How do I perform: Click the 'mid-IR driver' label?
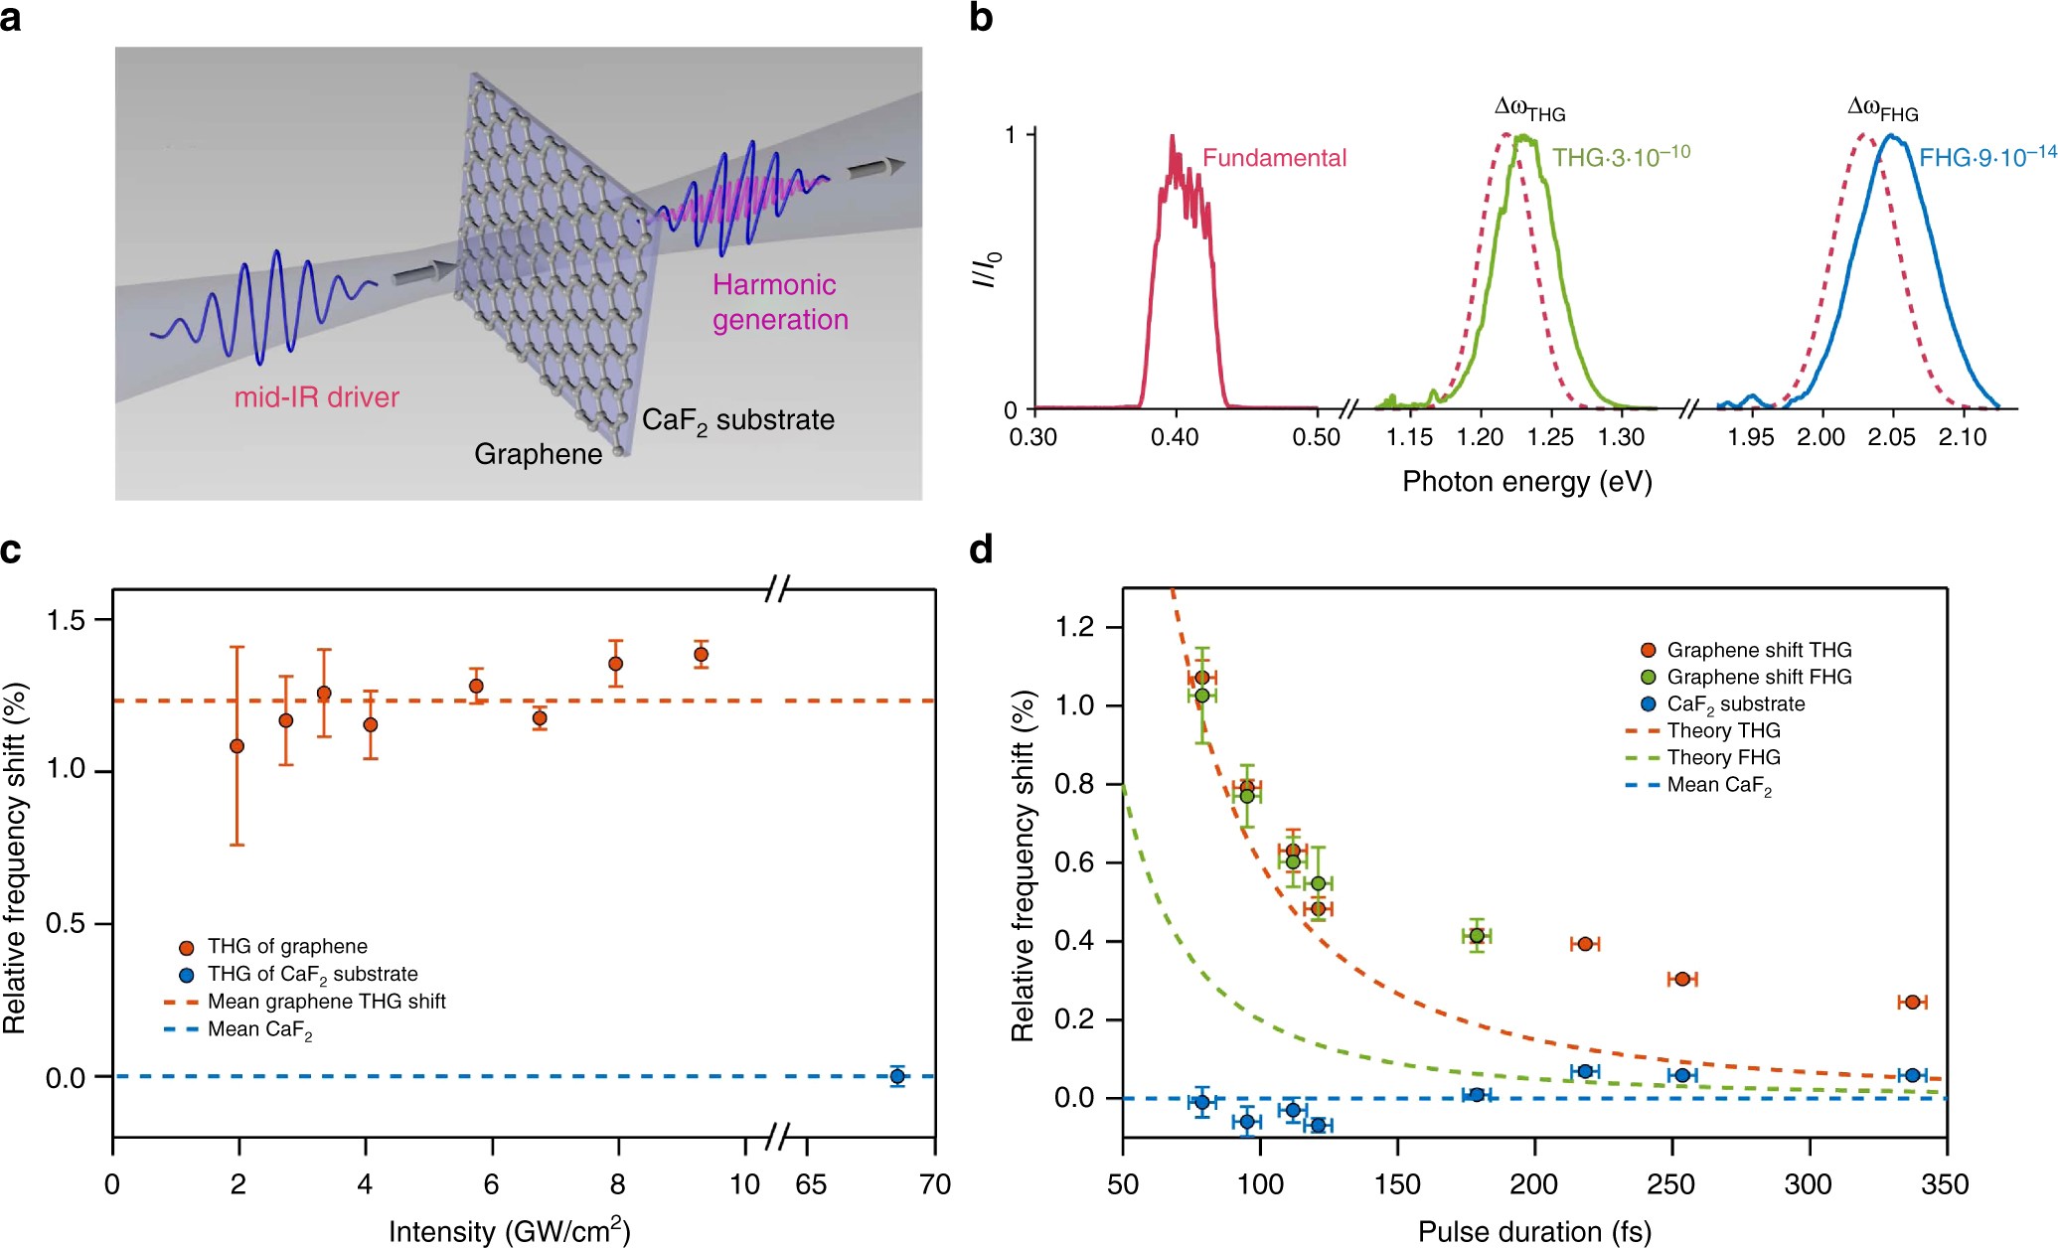click(x=316, y=397)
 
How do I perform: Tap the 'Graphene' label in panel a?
click(x=538, y=454)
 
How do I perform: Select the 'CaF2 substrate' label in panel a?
click(x=737, y=420)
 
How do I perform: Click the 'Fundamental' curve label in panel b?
click(x=1274, y=158)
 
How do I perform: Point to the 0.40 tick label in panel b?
click(x=1175, y=437)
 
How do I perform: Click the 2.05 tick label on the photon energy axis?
click(x=1891, y=437)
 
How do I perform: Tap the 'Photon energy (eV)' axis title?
click(x=1526, y=482)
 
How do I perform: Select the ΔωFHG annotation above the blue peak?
click(x=1882, y=109)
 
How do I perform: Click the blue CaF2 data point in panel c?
click(x=897, y=1076)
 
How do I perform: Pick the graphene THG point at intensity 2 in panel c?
click(x=237, y=746)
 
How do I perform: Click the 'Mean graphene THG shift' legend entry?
click(x=326, y=1002)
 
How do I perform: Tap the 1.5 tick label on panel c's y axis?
click(x=67, y=620)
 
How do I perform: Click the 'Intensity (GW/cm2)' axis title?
click(x=509, y=1231)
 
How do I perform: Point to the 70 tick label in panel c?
click(x=935, y=1184)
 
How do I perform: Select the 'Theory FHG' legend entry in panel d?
click(x=1723, y=757)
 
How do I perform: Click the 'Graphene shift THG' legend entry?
click(x=1759, y=650)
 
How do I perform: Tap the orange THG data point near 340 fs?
click(x=1912, y=1002)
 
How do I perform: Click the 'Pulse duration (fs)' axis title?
click(x=1534, y=1232)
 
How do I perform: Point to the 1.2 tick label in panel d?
click(x=1073, y=627)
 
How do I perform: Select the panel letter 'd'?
click(x=982, y=549)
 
